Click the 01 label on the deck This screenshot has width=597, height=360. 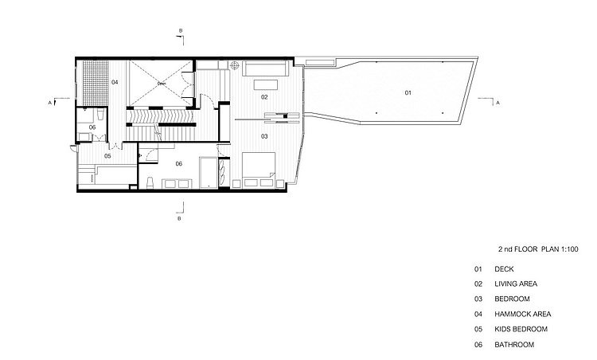pyautogui.click(x=408, y=92)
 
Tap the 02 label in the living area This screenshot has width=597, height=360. pyautogui.click(x=264, y=97)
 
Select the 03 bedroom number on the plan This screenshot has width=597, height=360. pyautogui.click(x=264, y=136)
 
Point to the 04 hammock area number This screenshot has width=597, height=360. pyautogui.click(x=115, y=82)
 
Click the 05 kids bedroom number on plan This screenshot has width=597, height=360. pyautogui.click(x=107, y=156)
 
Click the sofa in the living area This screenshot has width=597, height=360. pyautogui.click(x=265, y=68)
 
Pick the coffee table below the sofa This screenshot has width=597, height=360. pyautogui.click(x=266, y=84)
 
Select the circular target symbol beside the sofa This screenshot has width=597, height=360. pyautogui.click(x=235, y=65)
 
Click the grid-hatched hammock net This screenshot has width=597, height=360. pyautogui.click(x=96, y=83)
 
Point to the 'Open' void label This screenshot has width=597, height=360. pyautogui.click(x=162, y=84)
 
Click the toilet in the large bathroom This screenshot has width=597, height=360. pyautogui.click(x=150, y=182)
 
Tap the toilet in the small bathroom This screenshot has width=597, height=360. pyautogui.click(x=100, y=114)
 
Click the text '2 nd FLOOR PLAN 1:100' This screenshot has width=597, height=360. pyautogui.click(x=538, y=249)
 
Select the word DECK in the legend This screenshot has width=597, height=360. pyautogui.click(x=504, y=269)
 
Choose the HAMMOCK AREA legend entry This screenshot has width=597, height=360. pyautogui.click(x=523, y=315)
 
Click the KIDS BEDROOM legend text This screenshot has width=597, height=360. pyautogui.click(x=521, y=329)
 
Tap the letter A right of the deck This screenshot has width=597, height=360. pyautogui.click(x=497, y=103)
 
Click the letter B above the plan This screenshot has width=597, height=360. pyautogui.click(x=181, y=31)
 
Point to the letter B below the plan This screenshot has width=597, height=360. pyautogui.click(x=179, y=219)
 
